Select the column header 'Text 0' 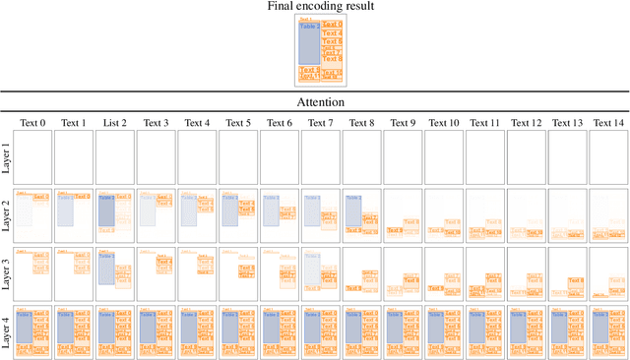(x=33, y=123)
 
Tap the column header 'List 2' (x=116, y=123)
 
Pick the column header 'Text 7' (x=320, y=123)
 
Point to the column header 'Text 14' (x=608, y=123)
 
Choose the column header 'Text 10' (x=443, y=123)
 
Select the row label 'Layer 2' (x=8, y=212)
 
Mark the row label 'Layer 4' (x=8, y=331)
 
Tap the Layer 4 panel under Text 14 (x=608, y=331)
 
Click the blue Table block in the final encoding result (x=308, y=44)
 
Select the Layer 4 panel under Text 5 (x=237, y=331)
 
